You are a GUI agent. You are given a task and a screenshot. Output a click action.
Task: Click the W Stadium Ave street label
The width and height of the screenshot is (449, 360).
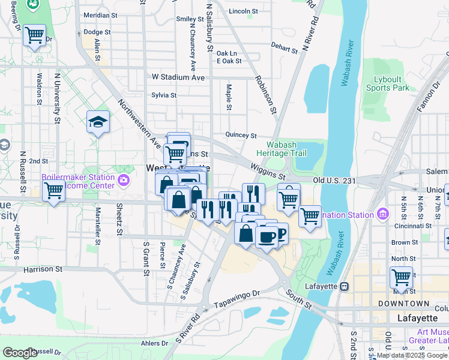178,77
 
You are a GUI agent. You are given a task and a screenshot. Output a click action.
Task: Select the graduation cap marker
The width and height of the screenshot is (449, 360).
98,123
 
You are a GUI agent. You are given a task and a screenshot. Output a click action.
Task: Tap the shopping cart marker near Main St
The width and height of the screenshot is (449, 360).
400,278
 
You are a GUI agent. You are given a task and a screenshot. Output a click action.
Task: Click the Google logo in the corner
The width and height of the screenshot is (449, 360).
19,353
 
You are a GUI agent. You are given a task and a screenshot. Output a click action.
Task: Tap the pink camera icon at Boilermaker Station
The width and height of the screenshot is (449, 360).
124,179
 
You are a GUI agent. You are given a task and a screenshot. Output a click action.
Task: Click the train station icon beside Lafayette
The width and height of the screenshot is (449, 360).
345,286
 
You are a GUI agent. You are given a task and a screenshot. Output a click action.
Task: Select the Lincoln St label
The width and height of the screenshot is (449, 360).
243,11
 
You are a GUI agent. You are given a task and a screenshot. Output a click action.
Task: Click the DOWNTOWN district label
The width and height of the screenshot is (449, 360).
412,304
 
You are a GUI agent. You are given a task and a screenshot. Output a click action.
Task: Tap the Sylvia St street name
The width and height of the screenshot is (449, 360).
164,95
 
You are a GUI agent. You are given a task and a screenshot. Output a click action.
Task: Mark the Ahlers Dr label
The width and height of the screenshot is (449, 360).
155,343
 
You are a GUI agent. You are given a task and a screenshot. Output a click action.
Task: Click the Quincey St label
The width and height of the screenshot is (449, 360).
241,136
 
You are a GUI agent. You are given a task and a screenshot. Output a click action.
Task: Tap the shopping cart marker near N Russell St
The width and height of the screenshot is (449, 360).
53,192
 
